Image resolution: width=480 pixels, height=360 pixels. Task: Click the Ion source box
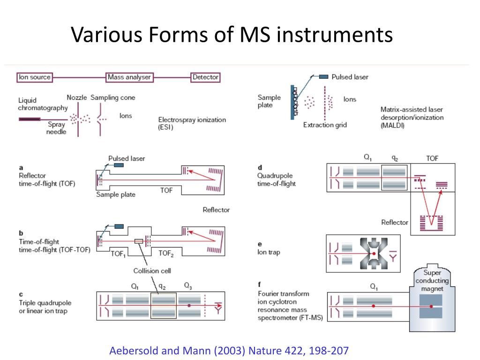[x=35, y=77]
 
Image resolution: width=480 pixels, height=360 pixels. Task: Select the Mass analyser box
[x=128, y=77]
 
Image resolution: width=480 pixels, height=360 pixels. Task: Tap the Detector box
[x=205, y=77]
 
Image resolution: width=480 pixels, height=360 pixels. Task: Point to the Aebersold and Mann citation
[x=229, y=350]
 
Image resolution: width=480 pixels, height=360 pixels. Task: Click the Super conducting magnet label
[x=432, y=281]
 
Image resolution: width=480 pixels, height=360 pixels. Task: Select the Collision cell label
[x=152, y=270]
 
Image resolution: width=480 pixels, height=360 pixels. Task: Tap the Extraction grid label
[x=325, y=125]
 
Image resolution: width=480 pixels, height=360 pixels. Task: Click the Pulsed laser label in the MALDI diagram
[x=350, y=77]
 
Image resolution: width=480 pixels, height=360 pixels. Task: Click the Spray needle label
[x=56, y=128]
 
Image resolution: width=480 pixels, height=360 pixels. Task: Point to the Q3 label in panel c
[x=188, y=285]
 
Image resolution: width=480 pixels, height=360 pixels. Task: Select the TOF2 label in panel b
[x=166, y=253]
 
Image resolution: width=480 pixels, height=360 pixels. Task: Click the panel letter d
[x=260, y=167]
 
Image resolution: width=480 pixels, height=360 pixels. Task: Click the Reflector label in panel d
[x=395, y=222]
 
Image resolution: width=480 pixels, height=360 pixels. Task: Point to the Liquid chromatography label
[x=43, y=104]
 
